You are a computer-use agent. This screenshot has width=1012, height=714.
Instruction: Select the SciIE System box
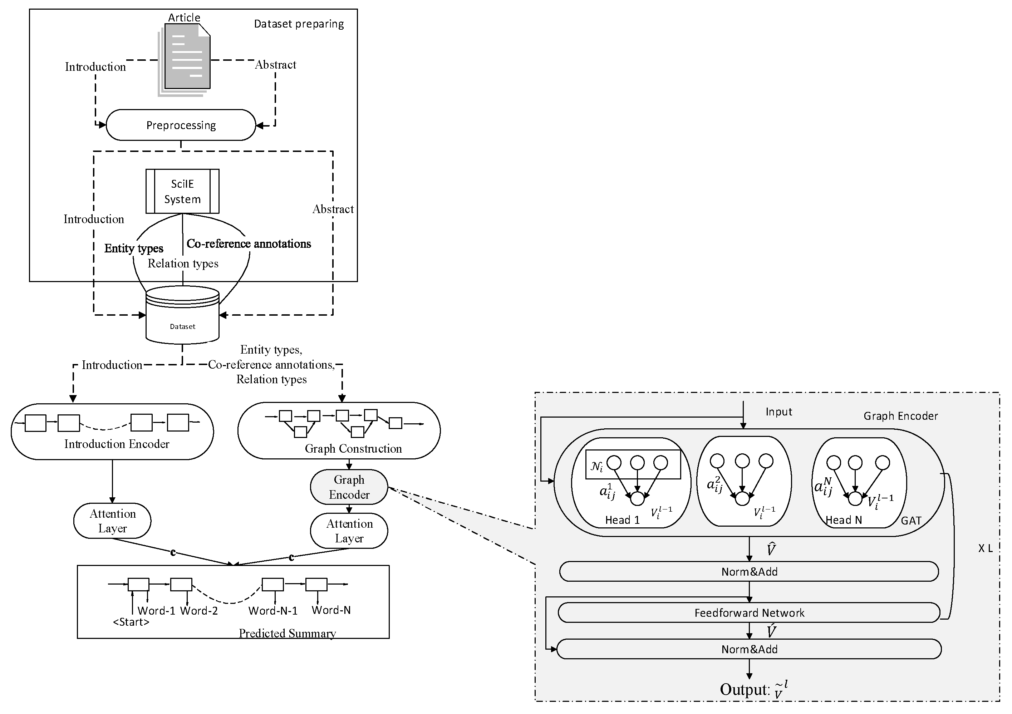182,191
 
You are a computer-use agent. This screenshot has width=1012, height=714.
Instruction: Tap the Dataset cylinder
182,315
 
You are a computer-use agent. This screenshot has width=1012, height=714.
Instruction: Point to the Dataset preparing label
299,24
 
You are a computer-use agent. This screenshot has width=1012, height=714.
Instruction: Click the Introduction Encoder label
117,444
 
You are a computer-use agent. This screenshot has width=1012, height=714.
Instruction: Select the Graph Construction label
354,449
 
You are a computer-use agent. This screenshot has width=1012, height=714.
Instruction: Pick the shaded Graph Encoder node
349,487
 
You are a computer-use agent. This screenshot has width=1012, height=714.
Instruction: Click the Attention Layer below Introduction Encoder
112,521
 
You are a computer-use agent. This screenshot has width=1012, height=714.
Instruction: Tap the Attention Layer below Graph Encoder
349,531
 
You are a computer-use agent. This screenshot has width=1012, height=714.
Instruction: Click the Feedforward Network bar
749,612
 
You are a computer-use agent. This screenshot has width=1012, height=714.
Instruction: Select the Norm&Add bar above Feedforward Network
749,572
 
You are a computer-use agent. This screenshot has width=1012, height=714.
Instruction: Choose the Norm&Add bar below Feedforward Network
749,649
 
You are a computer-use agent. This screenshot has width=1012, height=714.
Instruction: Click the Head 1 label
622,520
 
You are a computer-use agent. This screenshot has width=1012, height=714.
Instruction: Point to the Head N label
844,520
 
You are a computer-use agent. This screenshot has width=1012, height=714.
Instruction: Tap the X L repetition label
986,548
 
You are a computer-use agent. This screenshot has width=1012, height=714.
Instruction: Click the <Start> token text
131,622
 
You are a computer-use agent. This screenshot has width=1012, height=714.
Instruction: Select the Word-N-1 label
273,610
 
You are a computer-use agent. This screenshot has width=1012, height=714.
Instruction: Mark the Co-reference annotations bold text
249,244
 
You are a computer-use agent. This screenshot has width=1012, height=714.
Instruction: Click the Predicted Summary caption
288,633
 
